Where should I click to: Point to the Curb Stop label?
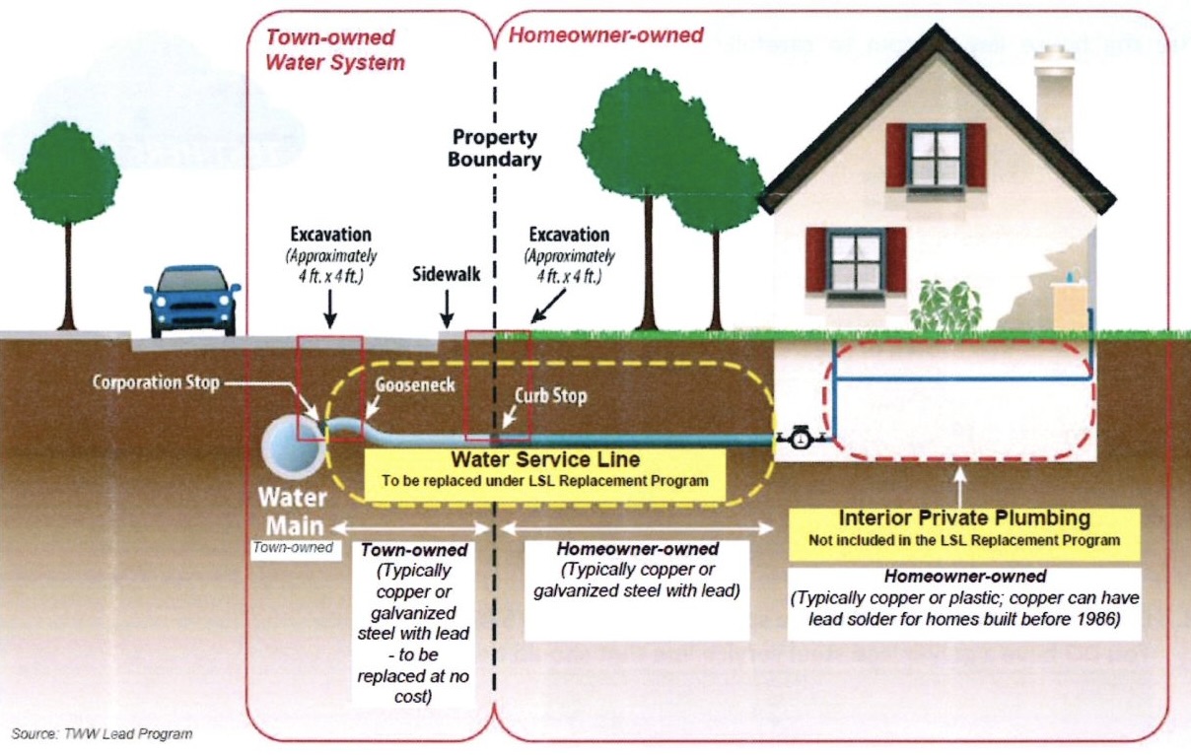pyautogui.click(x=550, y=395)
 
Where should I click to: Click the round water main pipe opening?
pyautogui.click(x=292, y=443)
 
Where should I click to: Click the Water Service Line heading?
pyautogui.click(x=545, y=459)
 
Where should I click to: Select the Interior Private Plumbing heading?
pyautogui.click(x=964, y=518)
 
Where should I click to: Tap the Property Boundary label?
pyautogui.click(x=494, y=148)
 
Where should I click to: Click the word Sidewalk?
pyautogui.click(x=446, y=274)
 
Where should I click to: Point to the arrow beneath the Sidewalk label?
pyautogui.click(x=447, y=313)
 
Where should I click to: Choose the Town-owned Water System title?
pyautogui.click(x=335, y=50)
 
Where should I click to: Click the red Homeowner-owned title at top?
pyautogui.click(x=605, y=35)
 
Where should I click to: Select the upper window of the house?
pyautogui.click(x=936, y=155)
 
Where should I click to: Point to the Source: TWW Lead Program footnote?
pyautogui.click(x=103, y=733)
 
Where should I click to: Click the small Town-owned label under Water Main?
pyautogui.click(x=292, y=546)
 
